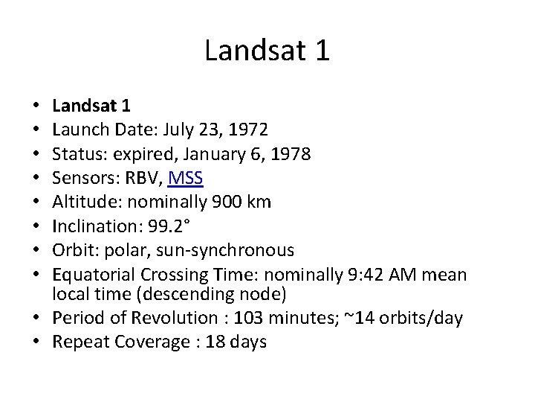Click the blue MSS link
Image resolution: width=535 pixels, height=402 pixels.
[x=189, y=179]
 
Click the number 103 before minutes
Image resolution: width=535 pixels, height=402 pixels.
[x=243, y=319]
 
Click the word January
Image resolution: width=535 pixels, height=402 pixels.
[x=219, y=155]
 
